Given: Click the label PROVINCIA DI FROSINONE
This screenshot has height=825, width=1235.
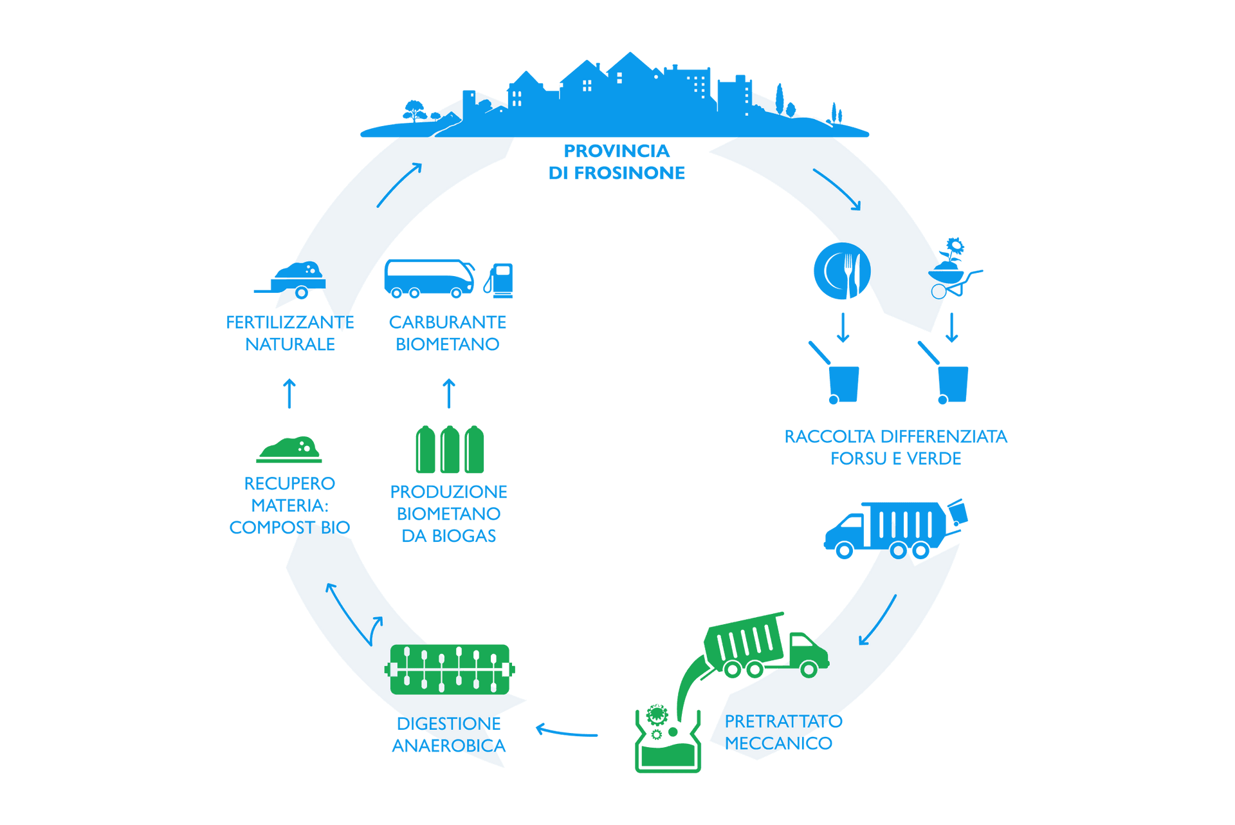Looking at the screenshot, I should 616,162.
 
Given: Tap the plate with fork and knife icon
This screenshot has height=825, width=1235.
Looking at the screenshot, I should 842,271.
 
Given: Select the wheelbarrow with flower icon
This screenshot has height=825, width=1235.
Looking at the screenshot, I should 953,270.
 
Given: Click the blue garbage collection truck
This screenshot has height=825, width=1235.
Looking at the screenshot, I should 894,529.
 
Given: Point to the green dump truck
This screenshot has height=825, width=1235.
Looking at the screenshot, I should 765,647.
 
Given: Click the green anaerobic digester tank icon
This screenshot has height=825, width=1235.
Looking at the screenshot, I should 449,669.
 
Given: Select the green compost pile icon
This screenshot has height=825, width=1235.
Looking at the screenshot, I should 289,449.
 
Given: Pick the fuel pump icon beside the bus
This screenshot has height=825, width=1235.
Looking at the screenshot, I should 500,281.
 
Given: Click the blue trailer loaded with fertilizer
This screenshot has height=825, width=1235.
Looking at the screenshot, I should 293,280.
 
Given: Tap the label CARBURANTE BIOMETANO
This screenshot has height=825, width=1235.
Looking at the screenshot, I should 448,333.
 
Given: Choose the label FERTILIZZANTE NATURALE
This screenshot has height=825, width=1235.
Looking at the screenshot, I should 289,333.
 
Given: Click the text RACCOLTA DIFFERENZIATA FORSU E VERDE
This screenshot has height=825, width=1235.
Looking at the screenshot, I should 895,447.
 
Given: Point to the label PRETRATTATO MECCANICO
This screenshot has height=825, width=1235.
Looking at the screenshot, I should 782,732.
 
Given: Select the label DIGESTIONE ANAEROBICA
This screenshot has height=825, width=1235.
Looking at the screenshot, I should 448,734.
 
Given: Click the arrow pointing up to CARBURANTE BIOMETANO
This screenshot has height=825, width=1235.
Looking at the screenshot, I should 449,393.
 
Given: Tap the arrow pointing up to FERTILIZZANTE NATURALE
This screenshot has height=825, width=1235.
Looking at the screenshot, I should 289,393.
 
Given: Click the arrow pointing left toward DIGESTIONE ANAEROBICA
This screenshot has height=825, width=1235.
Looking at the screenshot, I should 567,732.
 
